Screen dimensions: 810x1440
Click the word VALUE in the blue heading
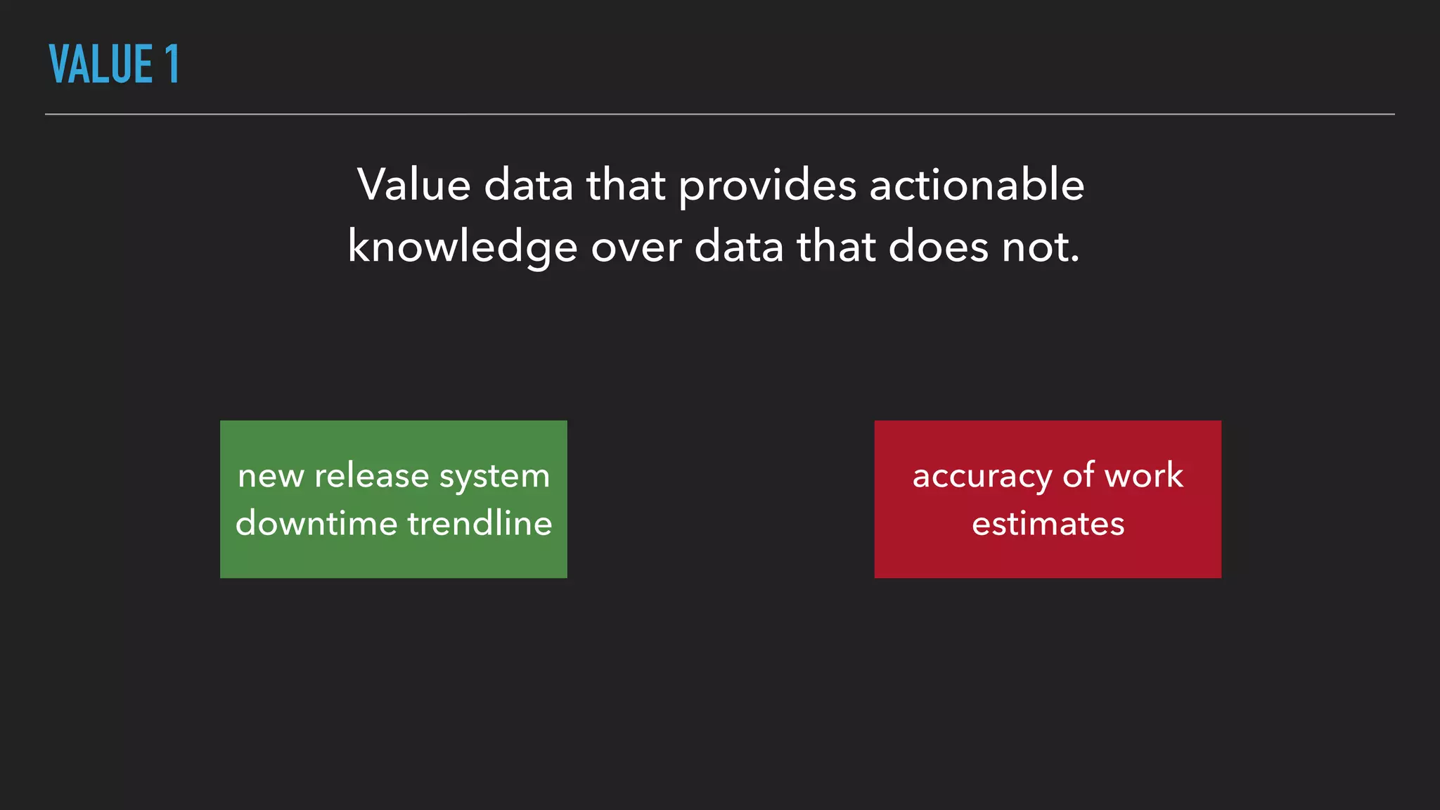click(101, 64)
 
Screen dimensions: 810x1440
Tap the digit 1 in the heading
click(172, 64)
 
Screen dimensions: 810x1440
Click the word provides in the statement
click(767, 186)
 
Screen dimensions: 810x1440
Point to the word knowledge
click(462, 247)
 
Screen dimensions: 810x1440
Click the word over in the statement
click(636, 247)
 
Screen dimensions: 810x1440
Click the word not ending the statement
click(1040, 247)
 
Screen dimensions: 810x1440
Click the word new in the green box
click(270, 476)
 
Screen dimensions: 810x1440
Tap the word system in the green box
click(494, 477)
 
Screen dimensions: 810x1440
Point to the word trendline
click(480, 523)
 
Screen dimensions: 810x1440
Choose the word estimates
click(1048, 524)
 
